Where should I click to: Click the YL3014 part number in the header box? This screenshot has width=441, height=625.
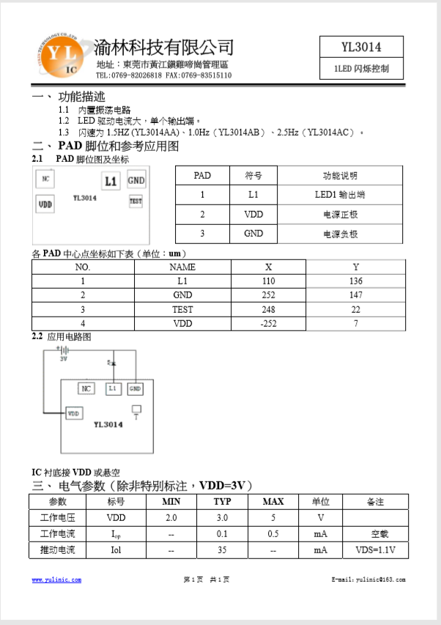[x=361, y=48]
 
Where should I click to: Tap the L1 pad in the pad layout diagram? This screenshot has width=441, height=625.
[x=111, y=181]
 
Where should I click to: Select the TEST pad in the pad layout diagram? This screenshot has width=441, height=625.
[x=136, y=200]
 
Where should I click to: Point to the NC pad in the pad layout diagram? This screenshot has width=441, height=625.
[x=45, y=179]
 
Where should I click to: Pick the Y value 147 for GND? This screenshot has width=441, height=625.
[x=356, y=295]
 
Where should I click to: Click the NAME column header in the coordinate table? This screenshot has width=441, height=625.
[x=182, y=267]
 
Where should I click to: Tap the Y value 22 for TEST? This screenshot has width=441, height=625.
[x=356, y=309]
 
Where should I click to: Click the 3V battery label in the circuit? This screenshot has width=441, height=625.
[x=64, y=359]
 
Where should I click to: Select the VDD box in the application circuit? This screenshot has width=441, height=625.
[x=74, y=413]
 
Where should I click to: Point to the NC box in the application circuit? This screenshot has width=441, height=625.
[x=86, y=388]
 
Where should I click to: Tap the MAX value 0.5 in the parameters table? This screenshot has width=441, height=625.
[x=273, y=533]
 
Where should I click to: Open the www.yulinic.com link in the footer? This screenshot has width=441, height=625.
[x=56, y=580]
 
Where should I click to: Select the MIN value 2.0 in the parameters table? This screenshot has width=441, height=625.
[x=171, y=518]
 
